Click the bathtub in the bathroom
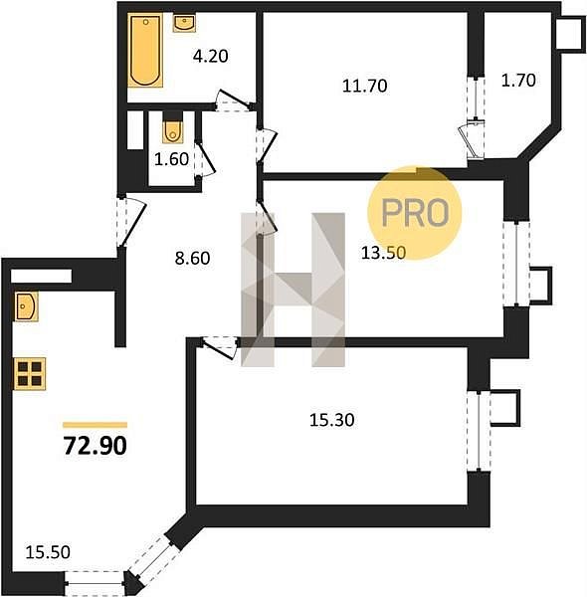tap(145, 51)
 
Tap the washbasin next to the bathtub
tap(185, 23)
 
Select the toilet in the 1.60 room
tap(173, 131)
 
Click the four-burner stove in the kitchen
tap(30, 373)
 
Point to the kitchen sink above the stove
tap(26, 306)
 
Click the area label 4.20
tap(211, 57)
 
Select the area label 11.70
tap(365, 86)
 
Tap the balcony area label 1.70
tap(518, 81)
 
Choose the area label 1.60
tap(171, 159)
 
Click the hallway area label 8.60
tap(192, 258)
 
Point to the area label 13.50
tap(383, 253)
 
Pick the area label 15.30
tap(332, 420)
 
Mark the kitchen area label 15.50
tap(48, 552)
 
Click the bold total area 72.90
tap(95, 446)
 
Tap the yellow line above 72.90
tap(95, 425)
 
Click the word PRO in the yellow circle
tap(415, 213)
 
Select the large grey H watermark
tap(293, 290)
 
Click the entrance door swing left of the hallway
tap(131, 222)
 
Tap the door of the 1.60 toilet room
tap(205, 159)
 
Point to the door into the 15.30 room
tap(218, 347)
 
